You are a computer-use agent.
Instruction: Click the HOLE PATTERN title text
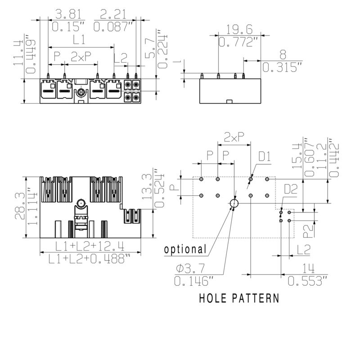tap(239, 298)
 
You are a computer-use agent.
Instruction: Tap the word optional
tap(185, 249)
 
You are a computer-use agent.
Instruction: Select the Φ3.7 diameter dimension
tap(190, 268)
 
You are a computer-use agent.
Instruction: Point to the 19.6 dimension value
tap(239, 30)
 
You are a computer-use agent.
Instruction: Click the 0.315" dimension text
tap(282, 67)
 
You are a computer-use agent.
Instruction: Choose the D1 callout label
tap(265, 157)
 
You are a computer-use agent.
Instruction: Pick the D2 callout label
tap(291, 189)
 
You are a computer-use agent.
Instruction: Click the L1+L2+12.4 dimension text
tap(90, 246)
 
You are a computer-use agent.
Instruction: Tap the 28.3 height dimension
tap(20, 206)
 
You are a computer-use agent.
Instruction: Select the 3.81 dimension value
tap(68, 14)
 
